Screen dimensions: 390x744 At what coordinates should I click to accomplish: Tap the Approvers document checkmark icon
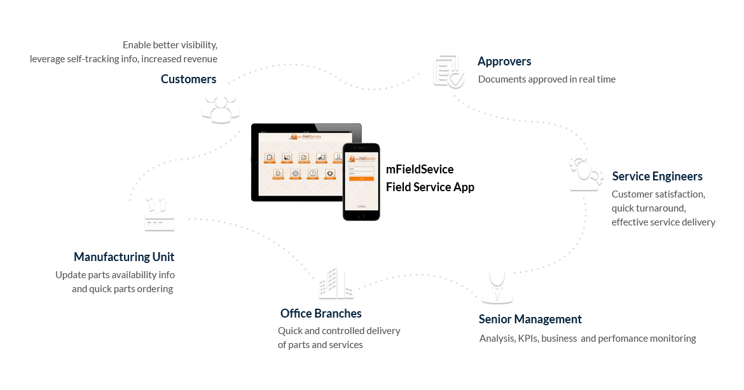449,70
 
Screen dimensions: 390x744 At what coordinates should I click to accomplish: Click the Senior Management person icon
496,286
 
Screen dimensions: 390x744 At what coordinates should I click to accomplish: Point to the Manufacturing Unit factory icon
158,214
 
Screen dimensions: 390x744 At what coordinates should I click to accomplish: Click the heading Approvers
504,62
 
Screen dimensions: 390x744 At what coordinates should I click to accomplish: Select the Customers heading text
188,79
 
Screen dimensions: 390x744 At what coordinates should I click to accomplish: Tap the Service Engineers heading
657,176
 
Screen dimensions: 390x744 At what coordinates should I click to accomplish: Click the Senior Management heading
530,319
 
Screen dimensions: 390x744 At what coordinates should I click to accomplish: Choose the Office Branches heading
320,313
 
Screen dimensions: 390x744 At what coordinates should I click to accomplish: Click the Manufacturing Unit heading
124,257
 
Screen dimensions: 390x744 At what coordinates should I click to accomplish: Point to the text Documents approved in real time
546,79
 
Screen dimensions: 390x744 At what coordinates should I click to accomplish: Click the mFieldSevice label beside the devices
420,170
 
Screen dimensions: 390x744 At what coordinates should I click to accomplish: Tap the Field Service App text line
430,187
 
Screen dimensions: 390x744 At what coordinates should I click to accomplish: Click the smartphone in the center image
361,181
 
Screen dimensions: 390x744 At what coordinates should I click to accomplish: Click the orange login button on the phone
361,179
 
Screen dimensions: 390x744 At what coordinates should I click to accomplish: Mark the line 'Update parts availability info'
115,275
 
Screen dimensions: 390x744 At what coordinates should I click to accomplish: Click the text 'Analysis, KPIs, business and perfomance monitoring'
587,339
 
